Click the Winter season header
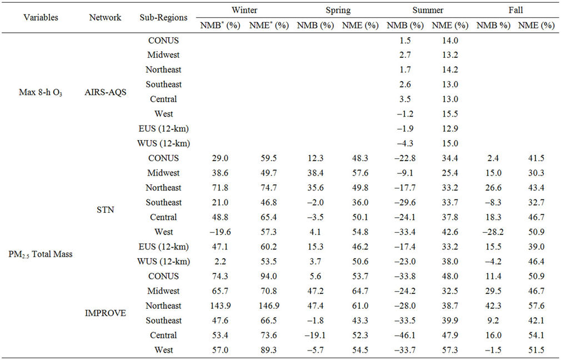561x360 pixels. (x=244, y=11)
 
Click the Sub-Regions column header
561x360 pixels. (x=163, y=17)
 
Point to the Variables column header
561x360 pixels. (x=41, y=17)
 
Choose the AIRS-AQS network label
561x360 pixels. (x=105, y=92)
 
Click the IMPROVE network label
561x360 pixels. (x=105, y=313)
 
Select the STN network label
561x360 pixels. (x=105, y=210)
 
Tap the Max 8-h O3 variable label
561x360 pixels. (x=41, y=92)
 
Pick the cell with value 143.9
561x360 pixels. (x=222, y=306)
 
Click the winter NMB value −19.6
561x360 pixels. (x=222, y=232)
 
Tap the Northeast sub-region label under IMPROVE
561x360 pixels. (x=163, y=306)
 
